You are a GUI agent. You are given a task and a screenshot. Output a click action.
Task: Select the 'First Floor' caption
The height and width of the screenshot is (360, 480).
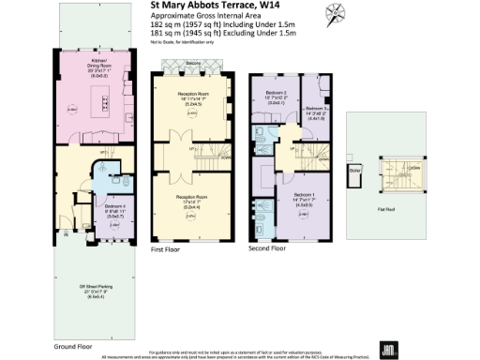163,250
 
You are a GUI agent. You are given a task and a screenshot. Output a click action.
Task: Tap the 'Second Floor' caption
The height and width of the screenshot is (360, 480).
266,250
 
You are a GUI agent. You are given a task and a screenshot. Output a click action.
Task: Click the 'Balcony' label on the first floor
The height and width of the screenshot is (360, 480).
187,63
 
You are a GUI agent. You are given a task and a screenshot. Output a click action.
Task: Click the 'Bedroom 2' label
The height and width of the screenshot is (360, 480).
276,95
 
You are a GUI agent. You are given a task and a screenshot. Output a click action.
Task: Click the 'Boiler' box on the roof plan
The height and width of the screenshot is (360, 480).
355,172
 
